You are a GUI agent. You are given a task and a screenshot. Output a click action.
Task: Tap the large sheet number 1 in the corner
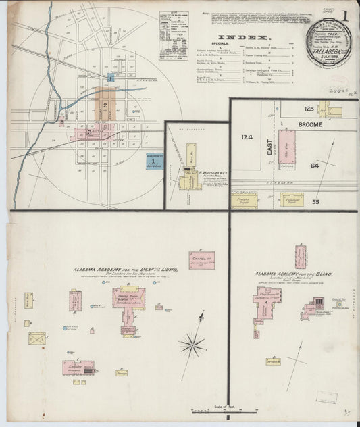pyautogui.click(x=344, y=16)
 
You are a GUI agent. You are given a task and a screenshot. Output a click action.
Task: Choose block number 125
pyautogui.click(x=309, y=108)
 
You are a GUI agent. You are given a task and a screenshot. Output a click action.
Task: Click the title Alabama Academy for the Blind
pyautogui.click(x=292, y=274)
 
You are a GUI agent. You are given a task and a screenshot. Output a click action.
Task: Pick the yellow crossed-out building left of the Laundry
pyautogui.click(x=36, y=338)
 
